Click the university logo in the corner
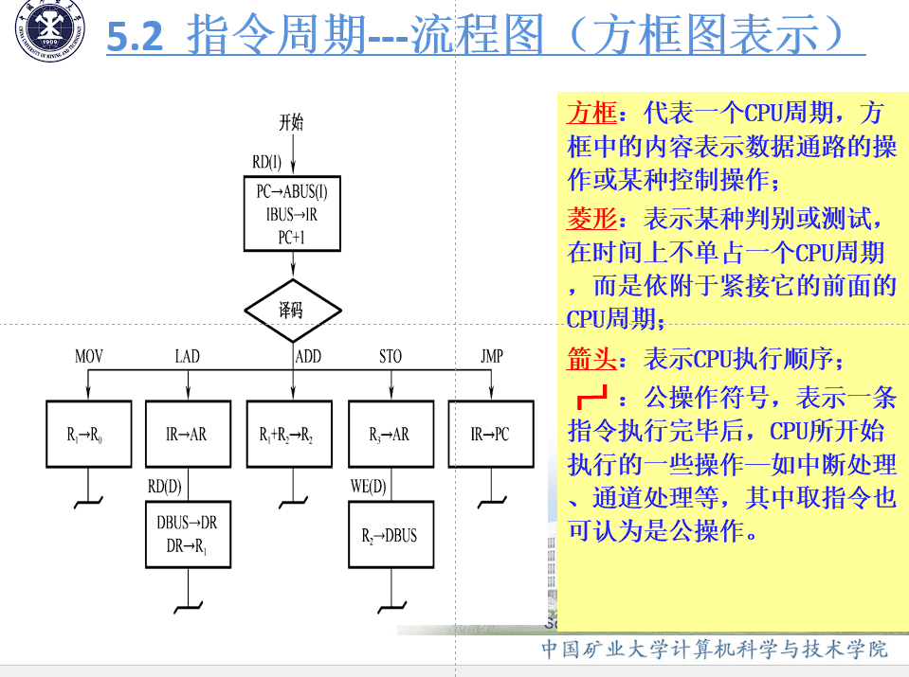click(x=46, y=36)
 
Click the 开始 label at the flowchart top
click(x=291, y=122)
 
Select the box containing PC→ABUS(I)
click(x=292, y=214)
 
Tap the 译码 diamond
click(x=292, y=310)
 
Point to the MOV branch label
click(x=89, y=356)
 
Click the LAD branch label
click(x=188, y=356)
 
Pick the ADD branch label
click(x=309, y=356)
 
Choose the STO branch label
click(x=391, y=356)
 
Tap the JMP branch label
click(x=491, y=356)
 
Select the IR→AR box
click(x=188, y=435)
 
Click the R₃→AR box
click(x=390, y=435)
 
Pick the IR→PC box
click(x=490, y=435)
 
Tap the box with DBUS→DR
click(x=188, y=534)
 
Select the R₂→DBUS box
click(x=390, y=534)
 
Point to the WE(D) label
click(x=369, y=487)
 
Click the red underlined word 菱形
click(x=591, y=219)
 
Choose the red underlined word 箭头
click(x=591, y=359)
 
